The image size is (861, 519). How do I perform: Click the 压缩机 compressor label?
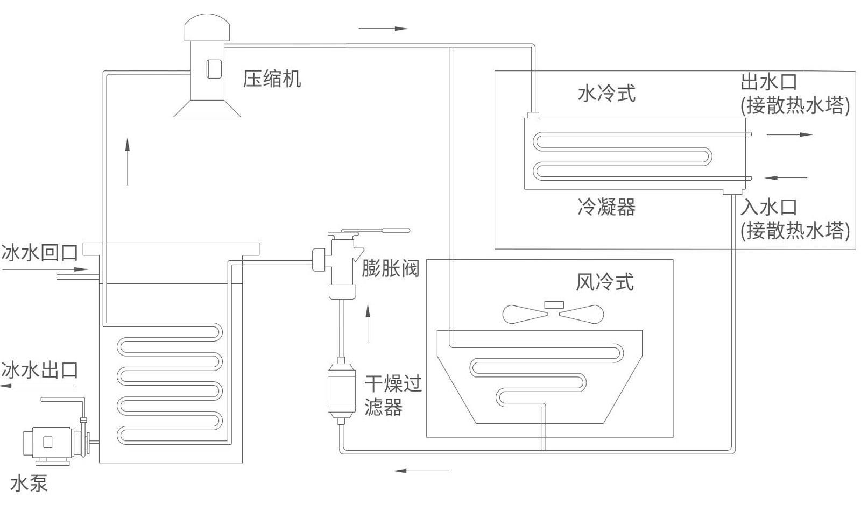click(x=272, y=79)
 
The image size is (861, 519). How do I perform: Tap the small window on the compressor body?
click(x=214, y=69)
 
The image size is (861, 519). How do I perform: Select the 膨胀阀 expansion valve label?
click(x=390, y=268)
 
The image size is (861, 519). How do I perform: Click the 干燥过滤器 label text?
click(x=392, y=395)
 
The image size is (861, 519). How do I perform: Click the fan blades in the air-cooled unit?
click(x=553, y=313)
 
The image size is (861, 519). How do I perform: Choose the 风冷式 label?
click(x=604, y=282)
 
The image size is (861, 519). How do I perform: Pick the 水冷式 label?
click(x=606, y=93)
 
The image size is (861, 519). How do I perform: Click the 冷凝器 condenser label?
click(x=606, y=207)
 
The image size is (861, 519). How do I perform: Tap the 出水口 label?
click(x=768, y=82)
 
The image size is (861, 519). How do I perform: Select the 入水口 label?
click(x=768, y=207)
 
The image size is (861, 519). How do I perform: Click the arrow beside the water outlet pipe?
click(x=789, y=134)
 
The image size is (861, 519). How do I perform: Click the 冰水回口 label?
click(x=40, y=252)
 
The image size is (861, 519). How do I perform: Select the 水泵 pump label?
click(x=30, y=483)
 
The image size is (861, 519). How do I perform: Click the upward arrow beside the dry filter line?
click(x=368, y=323)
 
